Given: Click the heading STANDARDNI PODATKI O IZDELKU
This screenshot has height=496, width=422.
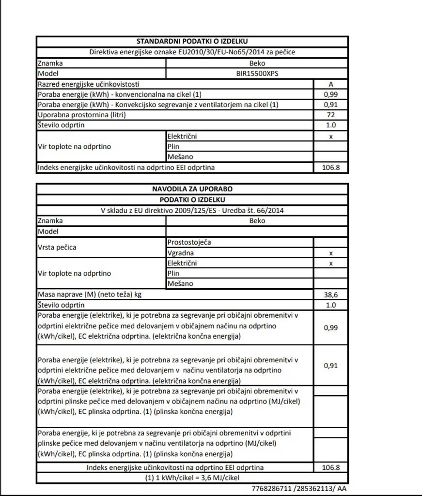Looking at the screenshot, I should tap(192, 42).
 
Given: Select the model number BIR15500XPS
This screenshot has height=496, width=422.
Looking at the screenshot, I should tap(257, 74).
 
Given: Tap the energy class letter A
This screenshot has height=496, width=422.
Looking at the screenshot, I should tap(331, 84).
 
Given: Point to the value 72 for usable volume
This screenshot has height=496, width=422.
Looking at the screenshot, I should tap(331, 115).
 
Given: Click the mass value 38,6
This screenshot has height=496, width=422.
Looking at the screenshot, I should tap(331, 294).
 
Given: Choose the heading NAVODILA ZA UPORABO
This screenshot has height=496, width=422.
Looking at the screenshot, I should tap(192, 189).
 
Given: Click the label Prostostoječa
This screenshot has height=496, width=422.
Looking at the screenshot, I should tap(189, 242).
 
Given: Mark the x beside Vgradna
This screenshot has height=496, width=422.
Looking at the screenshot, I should tap(331, 253).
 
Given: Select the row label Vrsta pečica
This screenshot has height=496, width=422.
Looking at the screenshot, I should tap(57, 247).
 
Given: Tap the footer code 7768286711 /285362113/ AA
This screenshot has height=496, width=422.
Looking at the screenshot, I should tap(299, 489).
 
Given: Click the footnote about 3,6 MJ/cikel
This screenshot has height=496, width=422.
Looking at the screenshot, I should tap(192, 478).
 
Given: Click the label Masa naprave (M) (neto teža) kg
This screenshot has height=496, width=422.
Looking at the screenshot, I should tap(90, 294).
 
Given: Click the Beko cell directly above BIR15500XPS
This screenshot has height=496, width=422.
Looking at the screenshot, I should tap(257, 63).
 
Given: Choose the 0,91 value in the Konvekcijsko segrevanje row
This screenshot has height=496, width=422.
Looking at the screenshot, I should tap(331, 105).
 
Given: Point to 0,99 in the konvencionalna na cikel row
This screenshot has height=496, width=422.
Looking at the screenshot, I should tap(331, 94).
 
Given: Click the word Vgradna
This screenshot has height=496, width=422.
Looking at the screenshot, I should tap(181, 253).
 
